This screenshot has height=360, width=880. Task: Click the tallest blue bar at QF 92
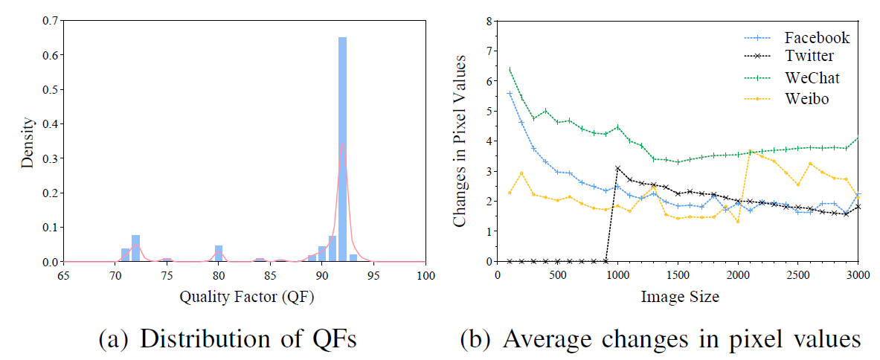point(342,149)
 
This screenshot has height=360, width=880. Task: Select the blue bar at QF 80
point(219,254)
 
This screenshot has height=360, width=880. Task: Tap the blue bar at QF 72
point(135,248)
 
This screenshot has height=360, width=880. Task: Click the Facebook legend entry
point(816,38)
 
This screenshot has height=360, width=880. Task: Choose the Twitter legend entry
point(809,56)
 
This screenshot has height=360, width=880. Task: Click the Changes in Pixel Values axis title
point(460,141)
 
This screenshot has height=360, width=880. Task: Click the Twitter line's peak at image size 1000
point(617,168)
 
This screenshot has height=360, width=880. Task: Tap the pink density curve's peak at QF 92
point(342,144)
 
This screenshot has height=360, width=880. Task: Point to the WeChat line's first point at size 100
point(510,70)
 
